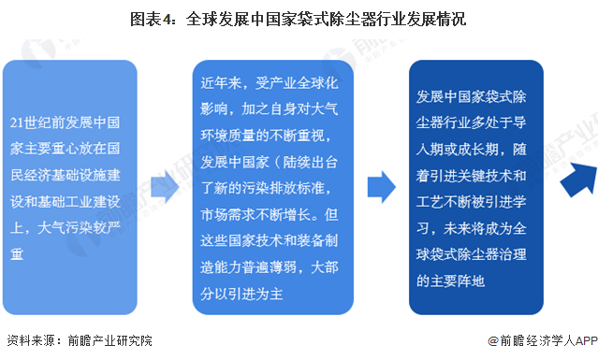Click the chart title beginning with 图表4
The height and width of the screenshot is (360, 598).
pyautogui.click(x=299, y=18)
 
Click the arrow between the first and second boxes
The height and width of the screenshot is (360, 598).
pyautogui.click(x=165, y=188)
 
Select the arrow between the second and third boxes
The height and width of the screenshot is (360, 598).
pyautogui.click(x=380, y=187)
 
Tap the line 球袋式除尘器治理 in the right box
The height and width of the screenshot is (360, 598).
pyautogui.click(x=476, y=252)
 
